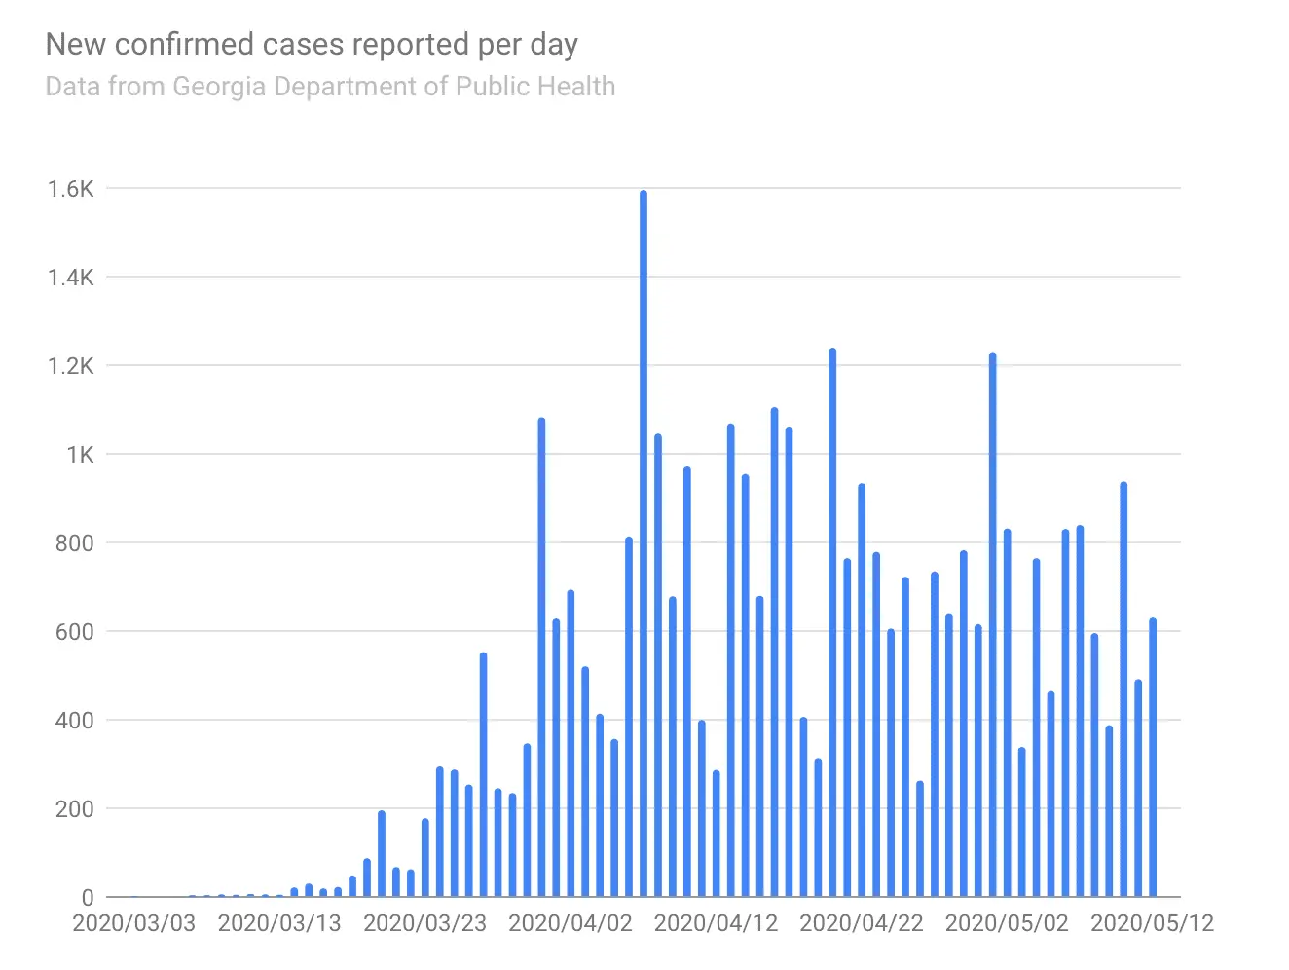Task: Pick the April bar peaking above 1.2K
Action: [832, 623]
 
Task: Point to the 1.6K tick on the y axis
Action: [71, 189]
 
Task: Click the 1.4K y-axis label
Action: [71, 278]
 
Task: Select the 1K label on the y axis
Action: [80, 455]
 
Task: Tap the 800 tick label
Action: [75, 543]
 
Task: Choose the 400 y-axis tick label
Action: [75, 721]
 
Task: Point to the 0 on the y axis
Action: [88, 898]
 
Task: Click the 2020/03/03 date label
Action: [134, 923]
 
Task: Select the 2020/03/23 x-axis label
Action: [424, 923]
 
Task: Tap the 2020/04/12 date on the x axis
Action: [716, 923]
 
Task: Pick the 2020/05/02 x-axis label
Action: [1007, 923]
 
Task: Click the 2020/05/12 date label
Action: [1152, 923]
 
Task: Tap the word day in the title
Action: [554, 46]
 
